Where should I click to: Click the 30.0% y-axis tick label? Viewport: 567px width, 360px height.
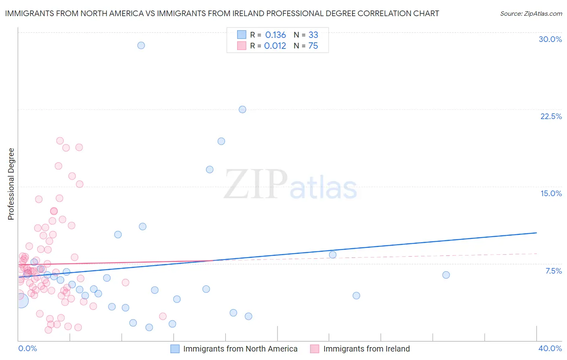pyautogui.click(x=550, y=39)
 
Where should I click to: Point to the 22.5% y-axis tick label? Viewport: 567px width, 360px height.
pyautogui.click(x=551, y=116)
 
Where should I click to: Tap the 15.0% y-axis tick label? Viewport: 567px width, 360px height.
pyautogui.click(x=551, y=193)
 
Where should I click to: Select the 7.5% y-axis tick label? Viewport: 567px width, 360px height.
pyautogui.click(x=553, y=271)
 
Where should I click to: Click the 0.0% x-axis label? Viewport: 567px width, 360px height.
pyautogui.click(x=27, y=348)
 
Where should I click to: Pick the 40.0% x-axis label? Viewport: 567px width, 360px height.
pyautogui.click(x=550, y=348)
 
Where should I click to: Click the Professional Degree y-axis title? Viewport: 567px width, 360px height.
pyautogui.click(x=11, y=184)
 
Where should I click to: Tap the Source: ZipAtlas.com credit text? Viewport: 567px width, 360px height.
pyautogui.click(x=531, y=13)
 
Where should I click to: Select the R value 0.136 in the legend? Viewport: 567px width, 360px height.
pyautogui.click(x=275, y=35)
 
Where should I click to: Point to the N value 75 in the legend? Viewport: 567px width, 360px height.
pyautogui.click(x=313, y=46)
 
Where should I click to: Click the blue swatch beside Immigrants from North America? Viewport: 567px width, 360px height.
pyautogui.click(x=175, y=349)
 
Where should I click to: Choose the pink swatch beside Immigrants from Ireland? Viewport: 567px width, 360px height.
pyautogui.click(x=315, y=349)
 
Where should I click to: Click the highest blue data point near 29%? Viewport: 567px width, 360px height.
pyautogui.click(x=141, y=45)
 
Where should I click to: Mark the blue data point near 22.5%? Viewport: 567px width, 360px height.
pyautogui.click(x=242, y=109)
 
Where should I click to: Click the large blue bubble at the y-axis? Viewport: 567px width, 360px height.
pyautogui.click(x=21, y=300)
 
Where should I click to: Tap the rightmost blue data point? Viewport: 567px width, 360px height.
pyautogui.click(x=446, y=275)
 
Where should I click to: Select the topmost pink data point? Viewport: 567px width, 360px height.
pyautogui.click(x=60, y=141)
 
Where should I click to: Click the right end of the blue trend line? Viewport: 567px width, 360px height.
pyautogui.click(x=536, y=233)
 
